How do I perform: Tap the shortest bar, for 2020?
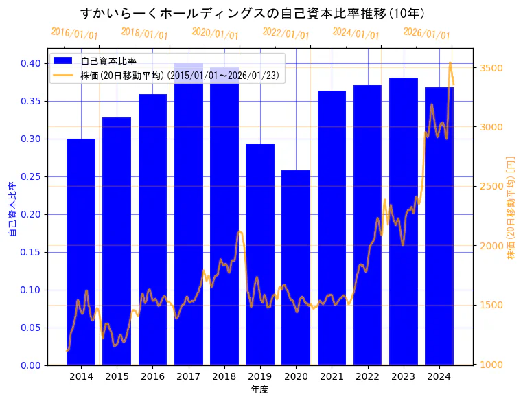point(296,267)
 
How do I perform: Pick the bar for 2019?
point(260,254)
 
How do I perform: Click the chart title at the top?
point(252,13)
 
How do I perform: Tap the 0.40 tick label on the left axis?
point(31,63)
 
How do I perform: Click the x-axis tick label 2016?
point(152,376)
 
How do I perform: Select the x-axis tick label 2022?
point(367,376)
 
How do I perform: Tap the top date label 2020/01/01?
point(215,33)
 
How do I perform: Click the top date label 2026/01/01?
point(426,33)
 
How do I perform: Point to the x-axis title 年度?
point(260,389)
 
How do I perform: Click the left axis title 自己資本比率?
point(12,209)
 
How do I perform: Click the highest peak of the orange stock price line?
point(450,62)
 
